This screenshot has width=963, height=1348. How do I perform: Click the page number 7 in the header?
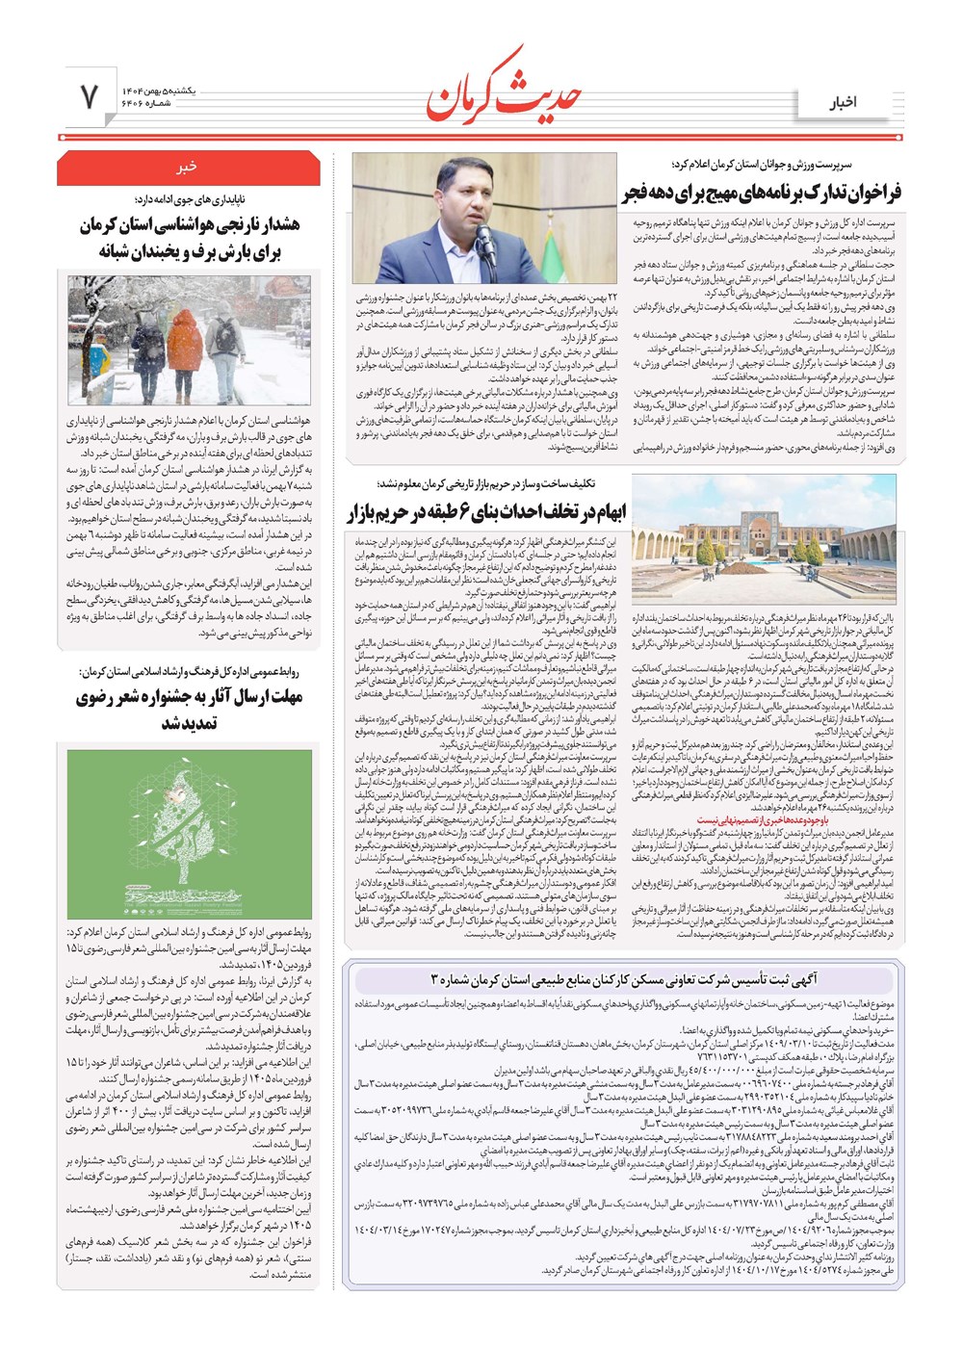[x=90, y=96]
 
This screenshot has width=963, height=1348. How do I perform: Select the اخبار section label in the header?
[x=844, y=102]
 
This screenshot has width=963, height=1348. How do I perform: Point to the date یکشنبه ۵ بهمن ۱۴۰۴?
[x=158, y=89]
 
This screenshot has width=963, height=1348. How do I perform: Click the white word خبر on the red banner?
[x=187, y=166]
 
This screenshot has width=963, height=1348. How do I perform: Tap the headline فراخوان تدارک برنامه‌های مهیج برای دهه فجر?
[x=761, y=193]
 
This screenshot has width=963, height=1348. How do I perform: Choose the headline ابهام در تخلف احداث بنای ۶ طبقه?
[x=486, y=511]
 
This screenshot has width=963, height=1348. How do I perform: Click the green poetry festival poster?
[x=189, y=833]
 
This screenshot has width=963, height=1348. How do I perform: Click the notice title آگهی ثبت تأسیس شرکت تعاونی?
[x=623, y=979]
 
